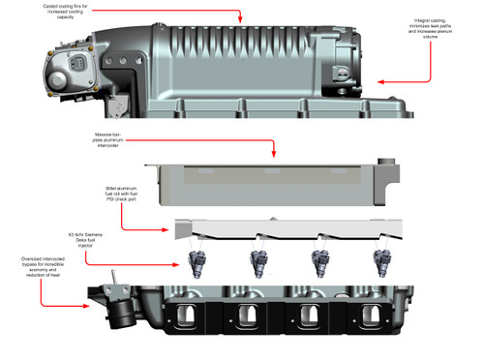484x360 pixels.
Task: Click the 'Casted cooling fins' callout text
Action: tap(82, 11)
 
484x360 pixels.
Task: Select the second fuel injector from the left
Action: tap(258, 261)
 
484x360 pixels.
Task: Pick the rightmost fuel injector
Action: tap(379, 261)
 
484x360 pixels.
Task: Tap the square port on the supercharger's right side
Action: tap(341, 75)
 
